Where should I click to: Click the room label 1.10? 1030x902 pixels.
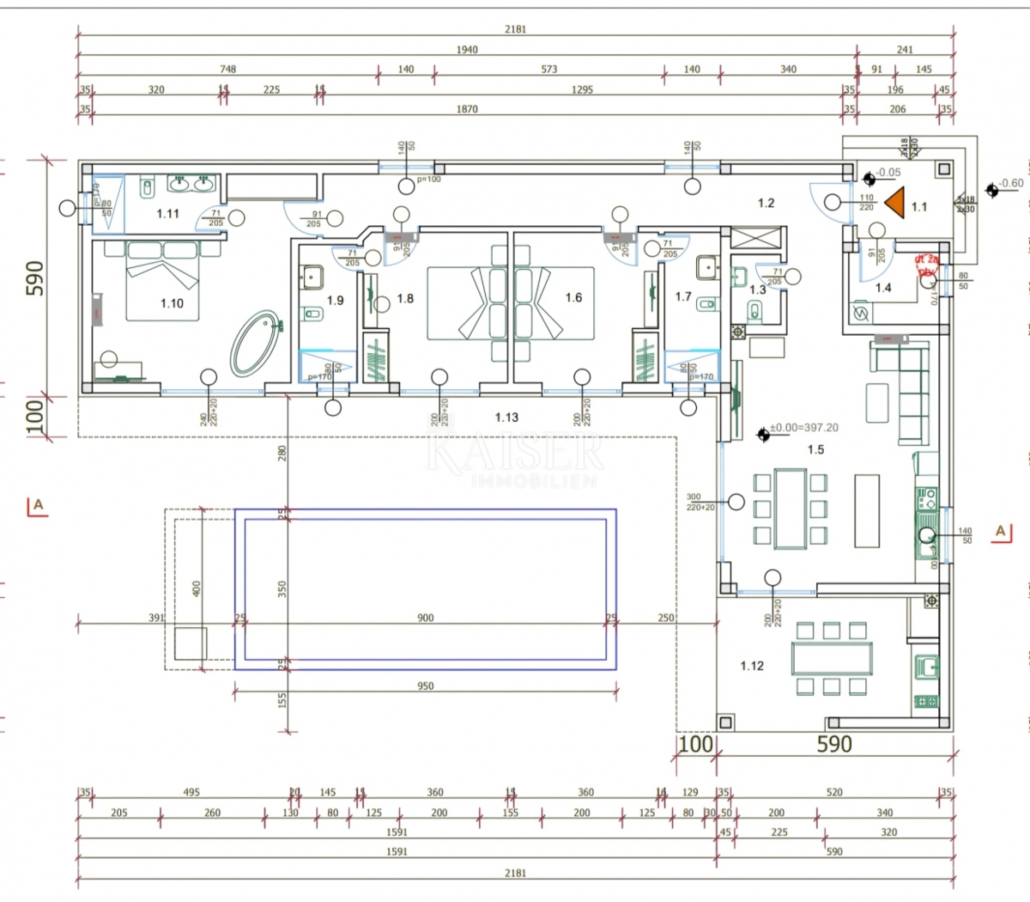click(x=172, y=303)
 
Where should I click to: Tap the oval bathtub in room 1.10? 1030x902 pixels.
click(x=257, y=341)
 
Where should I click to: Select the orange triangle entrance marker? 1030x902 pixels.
click(x=895, y=203)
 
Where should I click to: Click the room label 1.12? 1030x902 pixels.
click(x=752, y=666)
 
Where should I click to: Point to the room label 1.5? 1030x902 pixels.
click(x=815, y=449)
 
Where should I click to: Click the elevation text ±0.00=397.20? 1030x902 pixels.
click(x=803, y=428)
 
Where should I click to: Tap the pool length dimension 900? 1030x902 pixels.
click(x=425, y=618)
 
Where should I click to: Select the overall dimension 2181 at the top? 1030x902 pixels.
click(x=515, y=29)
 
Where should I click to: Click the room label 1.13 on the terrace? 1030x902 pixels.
click(x=506, y=417)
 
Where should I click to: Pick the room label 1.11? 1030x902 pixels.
click(x=167, y=213)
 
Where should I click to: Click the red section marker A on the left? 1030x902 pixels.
click(x=37, y=506)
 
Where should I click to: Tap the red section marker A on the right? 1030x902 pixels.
click(x=1000, y=532)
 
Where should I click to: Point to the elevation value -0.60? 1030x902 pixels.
click(x=1011, y=184)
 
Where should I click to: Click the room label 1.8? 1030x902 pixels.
click(x=405, y=299)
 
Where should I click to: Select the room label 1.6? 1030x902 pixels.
click(x=573, y=298)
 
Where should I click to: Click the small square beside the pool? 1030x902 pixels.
click(x=191, y=643)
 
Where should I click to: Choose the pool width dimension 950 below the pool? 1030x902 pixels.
click(x=425, y=686)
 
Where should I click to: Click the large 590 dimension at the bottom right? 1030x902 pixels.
click(x=833, y=744)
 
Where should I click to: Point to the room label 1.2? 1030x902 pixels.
click(x=766, y=204)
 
